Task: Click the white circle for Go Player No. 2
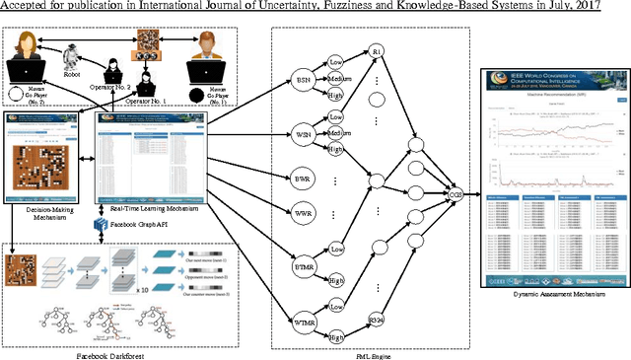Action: click(x=16, y=96)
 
